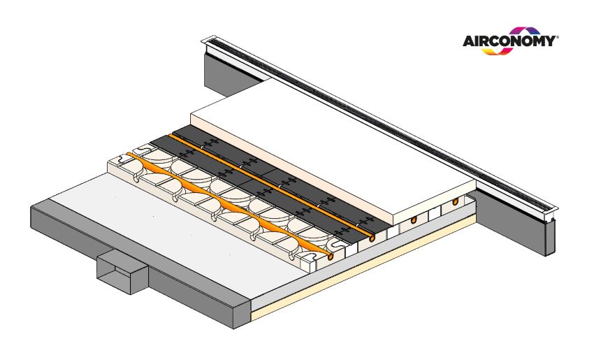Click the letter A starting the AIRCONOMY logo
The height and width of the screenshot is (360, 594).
[469, 41]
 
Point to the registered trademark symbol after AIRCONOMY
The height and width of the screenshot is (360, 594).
[557, 37]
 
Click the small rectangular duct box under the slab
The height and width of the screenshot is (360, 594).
[122, 271]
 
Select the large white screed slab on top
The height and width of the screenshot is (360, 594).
[333, 152]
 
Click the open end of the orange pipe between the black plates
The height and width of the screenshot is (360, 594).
[372, 238]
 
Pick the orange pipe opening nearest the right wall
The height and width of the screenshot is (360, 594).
[455, 201]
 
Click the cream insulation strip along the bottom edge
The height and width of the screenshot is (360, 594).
[363, 268]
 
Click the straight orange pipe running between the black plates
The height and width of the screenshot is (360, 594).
[272, 187]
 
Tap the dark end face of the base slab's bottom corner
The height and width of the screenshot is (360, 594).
[242, 312]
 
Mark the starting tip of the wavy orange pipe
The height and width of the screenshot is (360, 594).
[128, 154]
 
